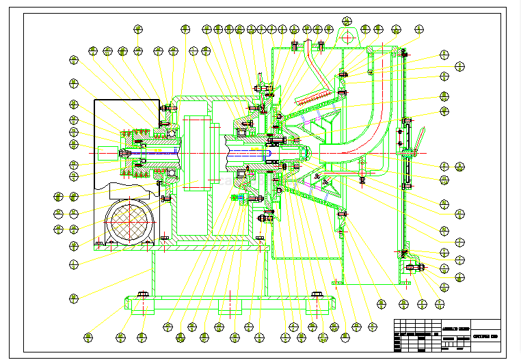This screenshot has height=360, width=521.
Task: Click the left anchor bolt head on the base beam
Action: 142,294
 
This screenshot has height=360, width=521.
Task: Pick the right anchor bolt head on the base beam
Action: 317,294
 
